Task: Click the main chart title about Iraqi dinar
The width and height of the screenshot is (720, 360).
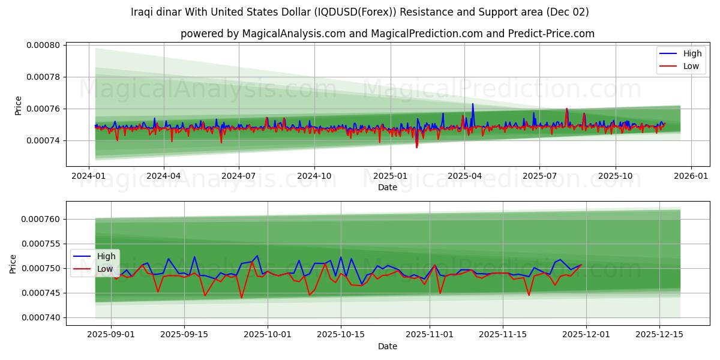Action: click(359, 12)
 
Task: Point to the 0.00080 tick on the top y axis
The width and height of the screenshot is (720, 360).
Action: click(43, 45)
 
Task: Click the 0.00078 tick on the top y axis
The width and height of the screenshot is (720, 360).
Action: click(43, 77)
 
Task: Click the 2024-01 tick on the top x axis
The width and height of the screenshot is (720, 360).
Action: click(89, 176)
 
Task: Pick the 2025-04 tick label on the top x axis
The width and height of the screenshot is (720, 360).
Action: click(464, 176)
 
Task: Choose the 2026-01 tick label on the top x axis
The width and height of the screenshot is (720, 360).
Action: click(691, 176)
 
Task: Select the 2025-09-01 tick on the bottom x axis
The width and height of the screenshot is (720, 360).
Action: click(111, 335)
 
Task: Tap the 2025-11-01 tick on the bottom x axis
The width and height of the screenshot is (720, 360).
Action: click(430, 335)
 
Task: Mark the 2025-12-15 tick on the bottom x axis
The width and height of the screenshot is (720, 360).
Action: click(659, 335)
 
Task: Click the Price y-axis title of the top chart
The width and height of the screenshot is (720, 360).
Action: click(18, 106)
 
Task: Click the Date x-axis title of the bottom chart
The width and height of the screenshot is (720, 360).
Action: click(387, 346)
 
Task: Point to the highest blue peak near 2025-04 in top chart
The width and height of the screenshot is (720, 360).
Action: click(472, 104)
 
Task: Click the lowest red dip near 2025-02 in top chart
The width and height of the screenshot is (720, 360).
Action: click(416, 147)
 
